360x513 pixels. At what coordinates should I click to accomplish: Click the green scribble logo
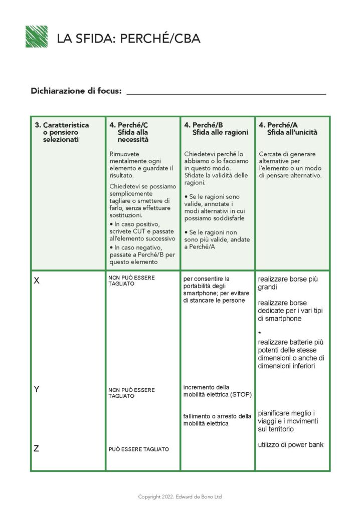(x=36, y=37)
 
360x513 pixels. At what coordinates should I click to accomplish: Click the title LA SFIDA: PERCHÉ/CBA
(x=128, y=38)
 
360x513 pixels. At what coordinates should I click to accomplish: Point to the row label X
(x=37, y=281)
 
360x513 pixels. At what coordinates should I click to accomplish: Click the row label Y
(x=37, y=389)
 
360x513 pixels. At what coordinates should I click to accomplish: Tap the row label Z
(x=36, y=449)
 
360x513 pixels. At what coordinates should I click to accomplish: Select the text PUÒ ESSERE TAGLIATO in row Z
(x=138, y=449)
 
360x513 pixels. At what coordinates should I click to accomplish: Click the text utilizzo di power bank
(x=290, y=444)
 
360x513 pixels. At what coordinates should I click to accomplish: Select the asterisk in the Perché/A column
(x=260, y=333)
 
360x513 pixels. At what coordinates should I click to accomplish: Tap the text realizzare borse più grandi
(x=288, y=283)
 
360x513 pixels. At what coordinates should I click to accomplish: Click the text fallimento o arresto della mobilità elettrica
(x=217, y=420)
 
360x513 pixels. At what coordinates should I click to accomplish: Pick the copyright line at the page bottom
(x=179, y=497)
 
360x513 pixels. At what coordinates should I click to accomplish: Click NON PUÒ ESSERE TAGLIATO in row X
(x=131, y=281)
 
